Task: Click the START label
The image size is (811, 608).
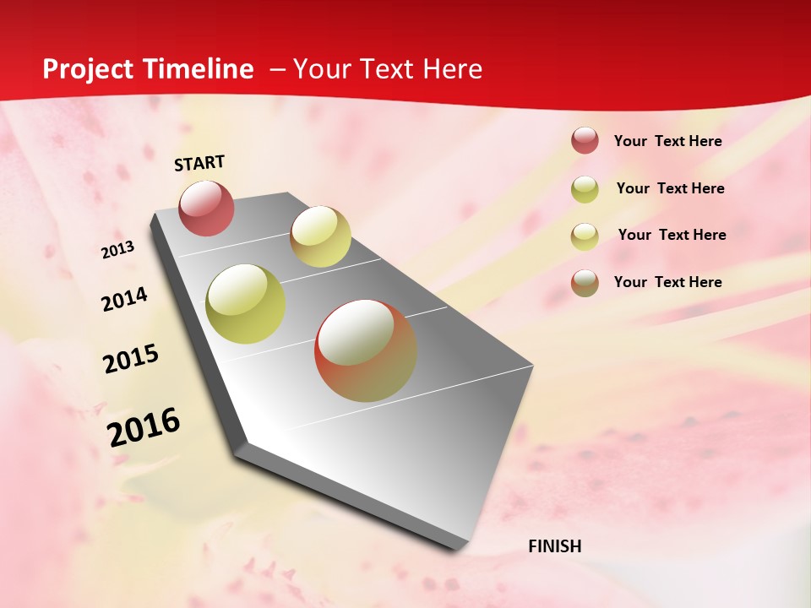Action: [x=199, y=163]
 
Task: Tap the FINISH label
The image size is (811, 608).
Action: [x=555, y=546]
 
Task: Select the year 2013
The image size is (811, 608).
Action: [x=117, y=250]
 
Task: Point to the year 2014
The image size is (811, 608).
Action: [x=124, y=299]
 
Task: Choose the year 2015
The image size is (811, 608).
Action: [x=131, y=359]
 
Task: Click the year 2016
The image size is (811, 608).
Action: [x=144, y=426]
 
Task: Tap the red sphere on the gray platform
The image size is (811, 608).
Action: [x=207, y=208]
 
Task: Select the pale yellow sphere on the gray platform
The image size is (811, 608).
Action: [x=320, y=236]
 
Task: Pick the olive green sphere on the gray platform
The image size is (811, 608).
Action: [x=245, y=304]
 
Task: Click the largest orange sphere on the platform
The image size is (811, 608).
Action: [x=366, y=350]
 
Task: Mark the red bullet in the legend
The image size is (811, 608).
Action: [x=585, y=141]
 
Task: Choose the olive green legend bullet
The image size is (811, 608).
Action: [x=585, y=189]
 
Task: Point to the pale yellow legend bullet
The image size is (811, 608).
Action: [x=585, y=236]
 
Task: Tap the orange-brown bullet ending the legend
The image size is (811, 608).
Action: [x=585, y=283]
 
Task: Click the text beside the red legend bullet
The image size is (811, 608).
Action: [x=667, y=141]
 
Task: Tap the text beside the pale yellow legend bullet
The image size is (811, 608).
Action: [x=672, y=235]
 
